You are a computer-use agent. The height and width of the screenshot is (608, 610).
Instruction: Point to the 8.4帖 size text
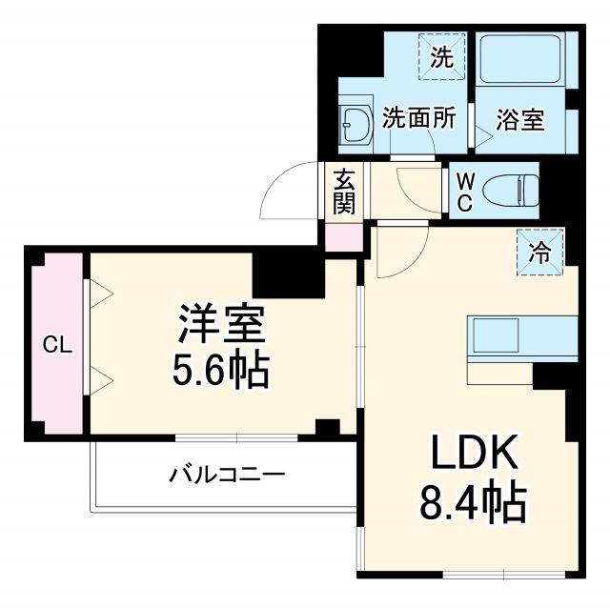point(473,502)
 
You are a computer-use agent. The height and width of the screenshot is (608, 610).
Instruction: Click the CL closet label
point(57,346)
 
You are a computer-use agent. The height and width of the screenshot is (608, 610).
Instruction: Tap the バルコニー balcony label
point(227,473)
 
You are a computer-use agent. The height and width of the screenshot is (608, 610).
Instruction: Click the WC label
point(463,191)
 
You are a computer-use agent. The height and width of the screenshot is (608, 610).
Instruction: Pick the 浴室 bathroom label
point(521,120)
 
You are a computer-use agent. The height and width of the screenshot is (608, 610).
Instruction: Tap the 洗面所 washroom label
point(419,119)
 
